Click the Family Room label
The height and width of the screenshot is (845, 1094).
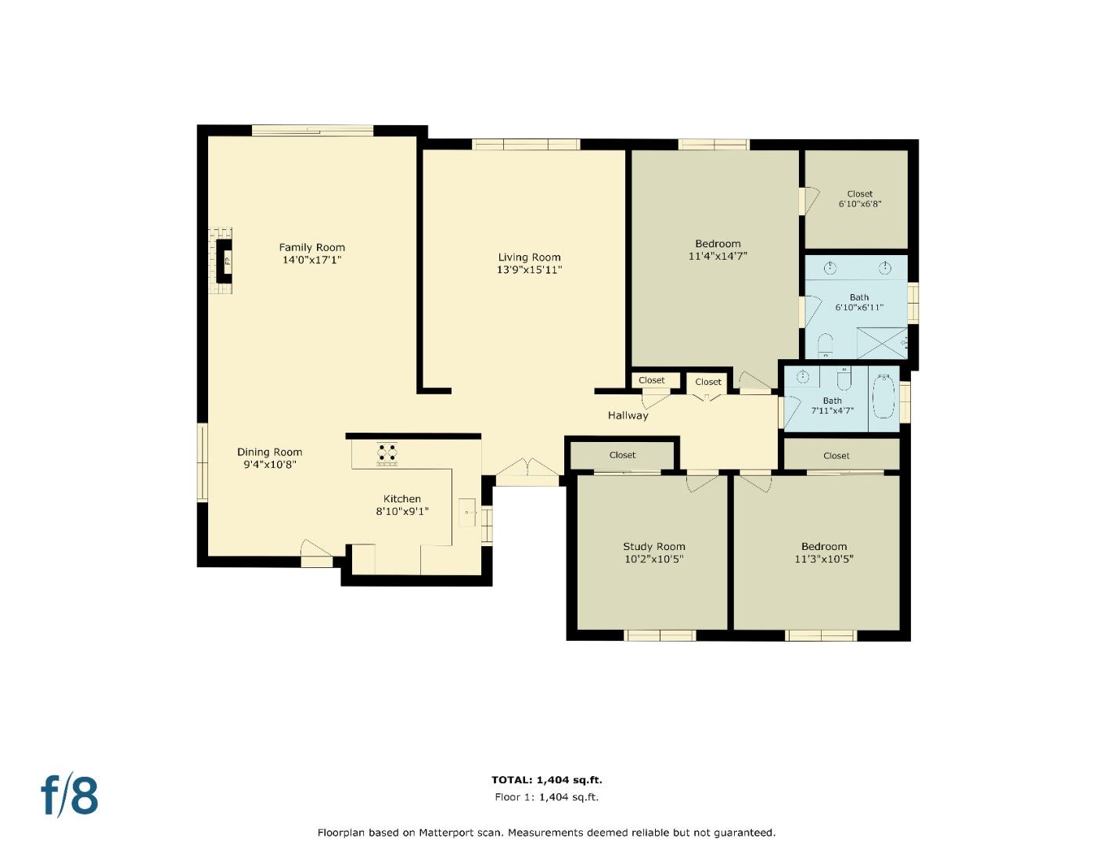click(311, 247)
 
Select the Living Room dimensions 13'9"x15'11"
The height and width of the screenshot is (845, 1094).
click(529, 270)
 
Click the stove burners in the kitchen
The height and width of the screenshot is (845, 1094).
click(387, 453)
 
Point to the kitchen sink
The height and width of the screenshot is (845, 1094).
click(469, 512)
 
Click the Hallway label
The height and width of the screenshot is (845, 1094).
click(628, 415)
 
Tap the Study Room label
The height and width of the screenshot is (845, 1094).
click(653, 547)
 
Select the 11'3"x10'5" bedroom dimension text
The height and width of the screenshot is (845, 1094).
click(823, 559)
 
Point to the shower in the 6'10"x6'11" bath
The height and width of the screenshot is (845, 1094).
click(881, 343)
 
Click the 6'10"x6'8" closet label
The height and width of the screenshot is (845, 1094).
click(859, 199)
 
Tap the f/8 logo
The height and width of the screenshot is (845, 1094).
click(70, 795)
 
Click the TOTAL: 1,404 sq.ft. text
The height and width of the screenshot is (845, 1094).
click(546, 780)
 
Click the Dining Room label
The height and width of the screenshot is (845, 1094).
click(269, 452)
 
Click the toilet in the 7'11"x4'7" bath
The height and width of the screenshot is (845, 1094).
click(844, 379)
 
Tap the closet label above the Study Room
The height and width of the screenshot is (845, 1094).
click(622, 455)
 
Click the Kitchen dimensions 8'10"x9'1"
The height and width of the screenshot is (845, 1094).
click(402, 512)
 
